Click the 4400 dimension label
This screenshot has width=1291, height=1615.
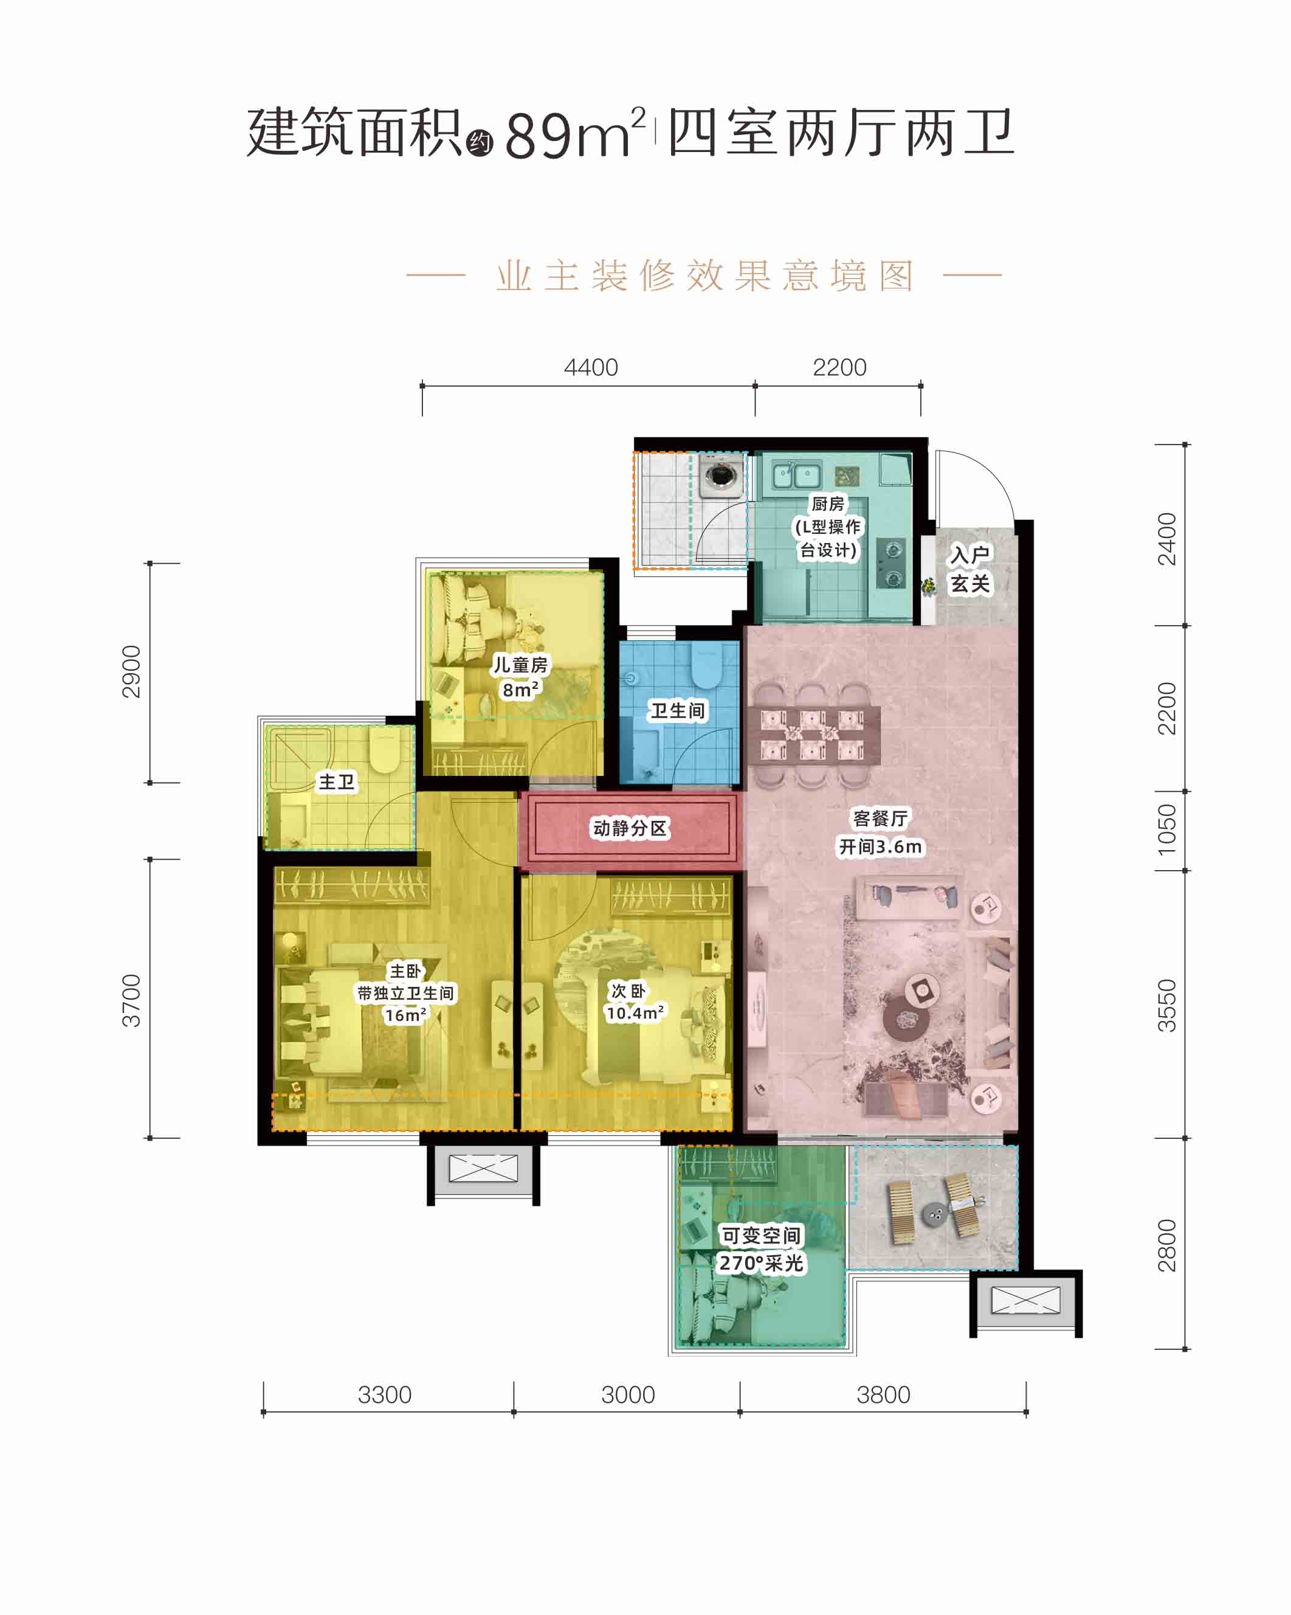pos(591,368)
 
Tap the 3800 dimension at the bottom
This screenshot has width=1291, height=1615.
pos(883,1395)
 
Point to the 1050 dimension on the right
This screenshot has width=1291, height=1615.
pos(1166,829)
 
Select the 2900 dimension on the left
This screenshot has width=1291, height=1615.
pos(131,671)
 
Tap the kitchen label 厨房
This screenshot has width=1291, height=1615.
pos(827,503)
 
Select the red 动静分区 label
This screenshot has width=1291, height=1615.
pos(630,828)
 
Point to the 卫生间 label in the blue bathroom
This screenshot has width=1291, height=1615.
pos(678,710)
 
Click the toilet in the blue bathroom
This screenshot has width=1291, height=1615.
pos(704,665)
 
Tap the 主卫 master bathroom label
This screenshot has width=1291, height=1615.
pos(336,782)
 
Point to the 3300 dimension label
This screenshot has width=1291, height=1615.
pos(384,1395)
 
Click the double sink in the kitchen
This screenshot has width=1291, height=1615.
pos(797,474)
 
